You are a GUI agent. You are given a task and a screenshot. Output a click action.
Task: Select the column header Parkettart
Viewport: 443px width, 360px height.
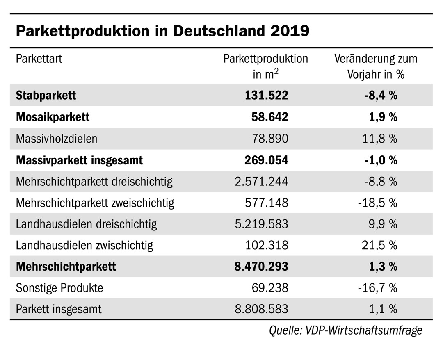(x=39, y=59)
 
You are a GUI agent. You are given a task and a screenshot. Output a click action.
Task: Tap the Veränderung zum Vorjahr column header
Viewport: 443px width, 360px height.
(x=376, y=66)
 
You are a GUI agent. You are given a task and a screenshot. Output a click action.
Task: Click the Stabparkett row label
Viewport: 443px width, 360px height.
(x=46, y=96)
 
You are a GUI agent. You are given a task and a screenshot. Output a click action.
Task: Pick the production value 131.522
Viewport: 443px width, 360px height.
(x=267, y=96)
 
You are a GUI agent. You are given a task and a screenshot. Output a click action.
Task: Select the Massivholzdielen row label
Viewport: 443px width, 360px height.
(x=57, y=139)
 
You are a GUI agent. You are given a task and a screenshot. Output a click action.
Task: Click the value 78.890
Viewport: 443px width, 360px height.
(x=270, y=139)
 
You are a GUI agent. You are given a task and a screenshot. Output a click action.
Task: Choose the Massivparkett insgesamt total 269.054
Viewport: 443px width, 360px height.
(x=267, y=160)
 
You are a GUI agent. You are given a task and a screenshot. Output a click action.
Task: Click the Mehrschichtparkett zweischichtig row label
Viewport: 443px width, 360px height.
(x=95, y=203)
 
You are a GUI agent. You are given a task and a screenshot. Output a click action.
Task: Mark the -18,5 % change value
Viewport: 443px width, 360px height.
(x=377, y=203)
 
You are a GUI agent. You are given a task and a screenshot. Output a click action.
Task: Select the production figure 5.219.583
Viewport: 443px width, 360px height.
(x=261, y=224)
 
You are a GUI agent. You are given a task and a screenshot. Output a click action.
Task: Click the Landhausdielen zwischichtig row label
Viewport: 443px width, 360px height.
(x=84, y=246)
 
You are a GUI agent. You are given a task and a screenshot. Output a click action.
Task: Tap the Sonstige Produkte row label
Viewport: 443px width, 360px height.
(x=59, y=288)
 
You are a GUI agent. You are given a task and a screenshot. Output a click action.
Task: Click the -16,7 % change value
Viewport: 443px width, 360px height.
(x=377, y=288)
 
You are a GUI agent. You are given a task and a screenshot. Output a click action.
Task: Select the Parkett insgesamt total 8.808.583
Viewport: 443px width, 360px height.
(x=261, y=309)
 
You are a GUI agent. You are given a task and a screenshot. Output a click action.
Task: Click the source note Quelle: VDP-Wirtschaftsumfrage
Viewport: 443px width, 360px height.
(x=345, y=330)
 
